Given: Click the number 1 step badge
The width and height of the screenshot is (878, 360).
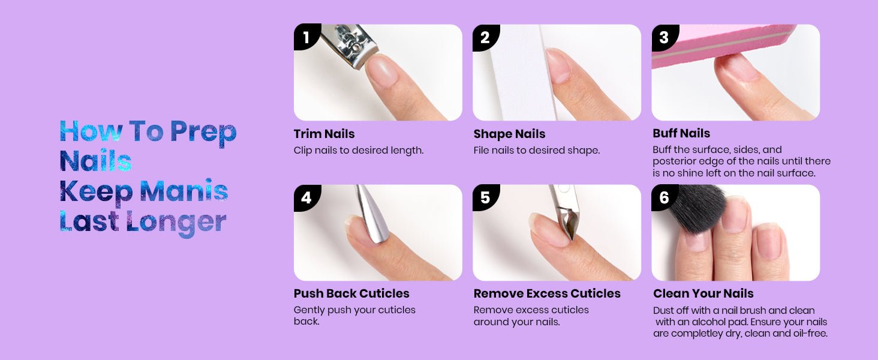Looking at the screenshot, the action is pyautogui.click(x=306, y=37).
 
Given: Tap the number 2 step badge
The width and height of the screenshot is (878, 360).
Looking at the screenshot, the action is pyautogui.click(x=485, y=37).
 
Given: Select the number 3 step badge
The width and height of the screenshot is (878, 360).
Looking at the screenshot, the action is pyautogui.click(x=664, y=37).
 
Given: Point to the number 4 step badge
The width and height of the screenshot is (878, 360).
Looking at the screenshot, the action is pyautogui.click(x=306, y=197).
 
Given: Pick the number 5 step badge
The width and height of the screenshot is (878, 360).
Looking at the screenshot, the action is pyautogui.click(x=485, y=197).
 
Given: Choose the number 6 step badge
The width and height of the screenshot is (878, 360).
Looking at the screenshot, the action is pyautogui.click(x=664, y=197).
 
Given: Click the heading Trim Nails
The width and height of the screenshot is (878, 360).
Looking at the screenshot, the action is pyautogui.click(x=324, y=134).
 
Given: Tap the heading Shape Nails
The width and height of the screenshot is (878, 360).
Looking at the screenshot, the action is pyautogui.click(x=509, y=134).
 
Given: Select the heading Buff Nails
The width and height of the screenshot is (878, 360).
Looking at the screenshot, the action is pyautogui.click(x=681, y=133).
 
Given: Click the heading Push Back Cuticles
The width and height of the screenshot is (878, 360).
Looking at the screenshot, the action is pyautogui.click(x=351, y=293).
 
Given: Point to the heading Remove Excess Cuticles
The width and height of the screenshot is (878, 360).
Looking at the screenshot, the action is pyautogui.click(x=547, y=293).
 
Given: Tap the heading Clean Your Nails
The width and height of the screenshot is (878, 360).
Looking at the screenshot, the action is pyautogui.click(x=703, y=293).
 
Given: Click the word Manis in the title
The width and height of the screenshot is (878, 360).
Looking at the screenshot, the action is pyautogui.click(x=184, y=191).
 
